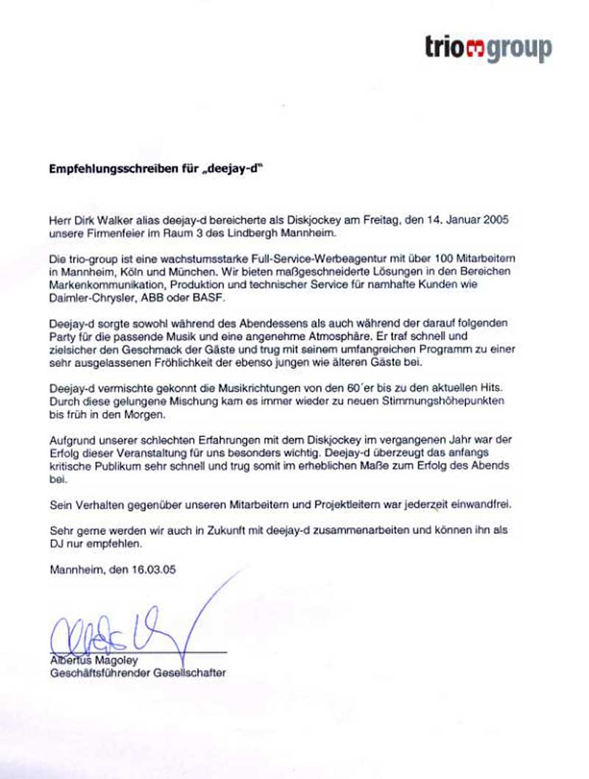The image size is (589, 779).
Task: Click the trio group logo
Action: coord(488,48)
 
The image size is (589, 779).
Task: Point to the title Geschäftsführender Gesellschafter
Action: coord(137,673)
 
